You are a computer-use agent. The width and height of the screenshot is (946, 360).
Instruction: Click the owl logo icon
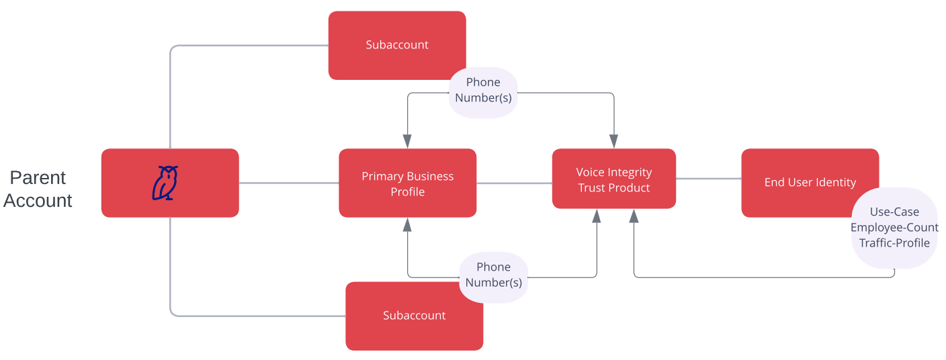tap(165, 183)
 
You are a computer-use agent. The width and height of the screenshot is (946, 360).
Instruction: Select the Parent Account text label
tap(38, 189)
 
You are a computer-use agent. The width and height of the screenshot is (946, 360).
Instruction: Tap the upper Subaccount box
tap(396, 45)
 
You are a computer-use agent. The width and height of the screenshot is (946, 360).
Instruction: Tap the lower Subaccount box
tap(414, 316)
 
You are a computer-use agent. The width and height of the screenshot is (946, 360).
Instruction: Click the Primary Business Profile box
tap(407, 183)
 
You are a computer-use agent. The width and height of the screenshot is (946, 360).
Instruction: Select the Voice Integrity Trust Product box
tap(613, 179)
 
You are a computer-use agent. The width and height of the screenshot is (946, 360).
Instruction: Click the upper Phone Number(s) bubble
tap(483, 91)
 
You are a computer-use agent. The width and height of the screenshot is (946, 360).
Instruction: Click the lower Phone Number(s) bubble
tap(493, 275)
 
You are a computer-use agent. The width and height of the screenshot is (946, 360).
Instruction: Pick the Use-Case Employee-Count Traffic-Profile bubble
tap(894, 228)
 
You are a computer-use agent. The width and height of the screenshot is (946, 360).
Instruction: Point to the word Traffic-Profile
tap(894, 243)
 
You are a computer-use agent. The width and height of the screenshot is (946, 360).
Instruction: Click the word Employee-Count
tap(894, 228)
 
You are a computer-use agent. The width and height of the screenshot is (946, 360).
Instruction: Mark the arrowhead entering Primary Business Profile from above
tap(407, 141)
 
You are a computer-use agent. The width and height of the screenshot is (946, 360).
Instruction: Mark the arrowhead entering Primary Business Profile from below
tap(407, 225)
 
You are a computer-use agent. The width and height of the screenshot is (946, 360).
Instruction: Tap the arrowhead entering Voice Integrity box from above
tap(613, 141)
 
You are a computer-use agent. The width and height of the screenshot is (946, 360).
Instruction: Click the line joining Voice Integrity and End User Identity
tap(708, 179)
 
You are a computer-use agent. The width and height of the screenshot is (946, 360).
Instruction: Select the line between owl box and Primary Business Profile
tap(288, 183)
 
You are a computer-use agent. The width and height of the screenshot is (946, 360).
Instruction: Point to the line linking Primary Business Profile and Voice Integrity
tap(514, 183)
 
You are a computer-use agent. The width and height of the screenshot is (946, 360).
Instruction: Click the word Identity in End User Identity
tap(834, 183)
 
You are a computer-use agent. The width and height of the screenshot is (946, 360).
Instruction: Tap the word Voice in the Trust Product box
tap(589, 173)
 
